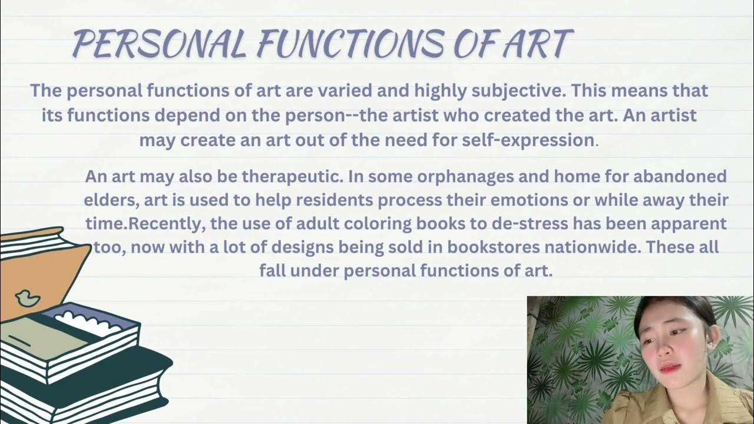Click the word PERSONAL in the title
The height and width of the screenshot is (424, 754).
pos(159,44)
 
